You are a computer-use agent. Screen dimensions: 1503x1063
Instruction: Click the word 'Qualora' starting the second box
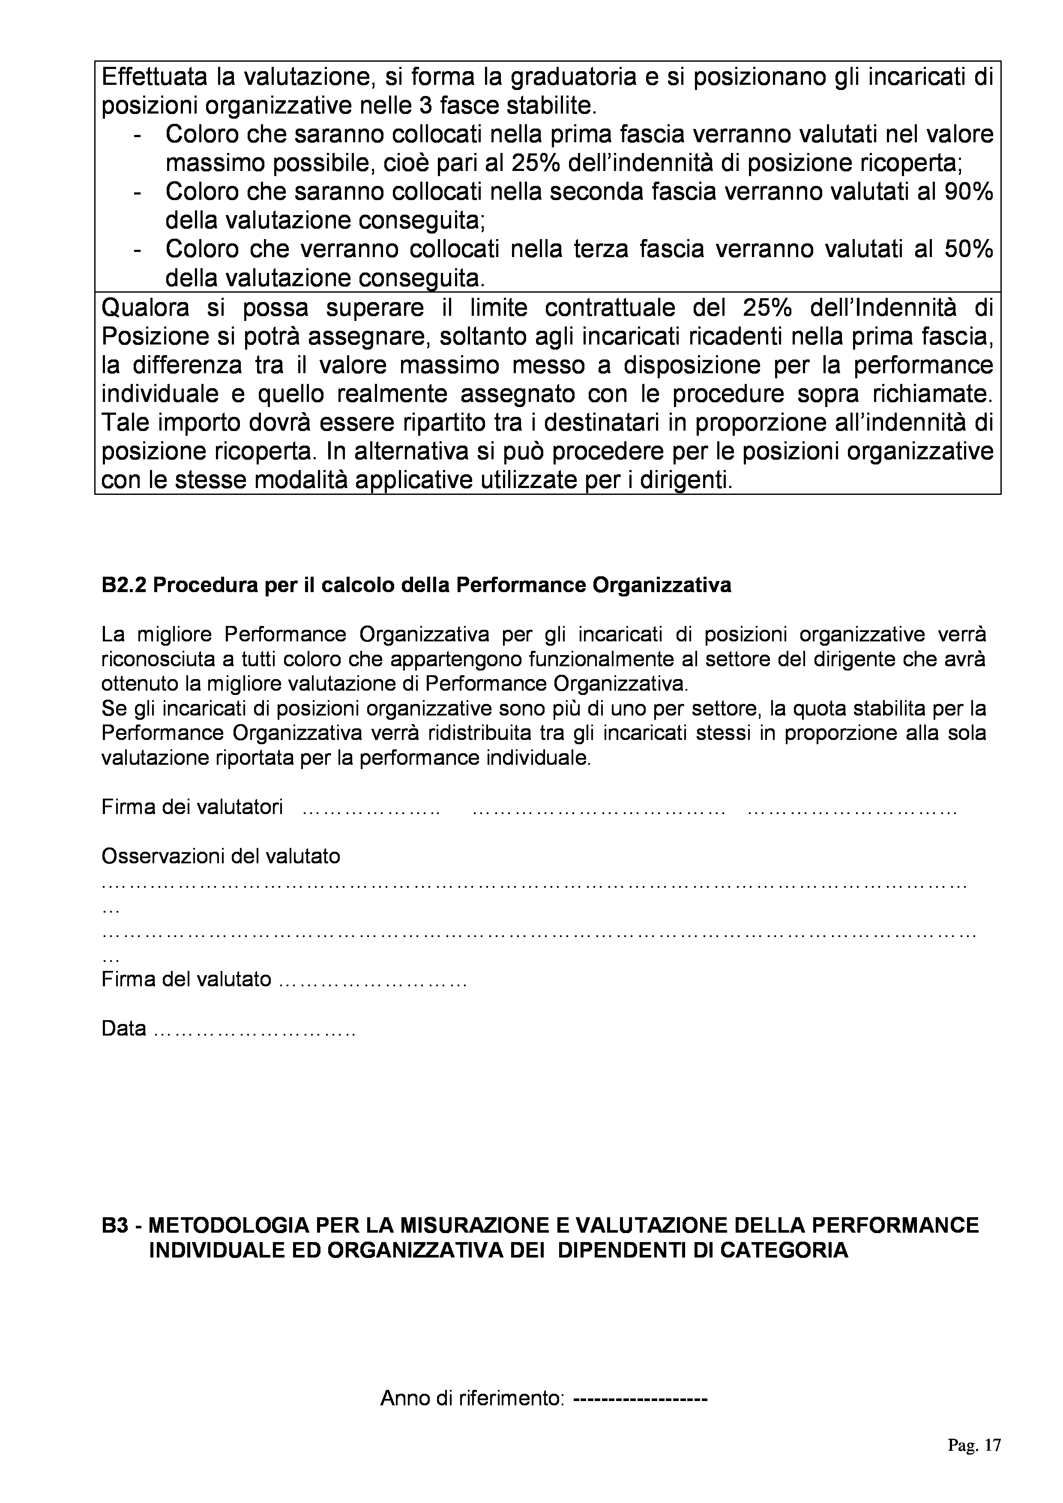146,308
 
